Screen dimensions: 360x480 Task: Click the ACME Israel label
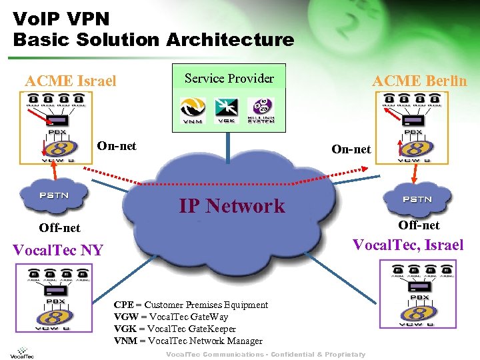70,81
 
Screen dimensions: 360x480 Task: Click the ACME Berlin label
419,81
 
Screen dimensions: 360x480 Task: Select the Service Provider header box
229,79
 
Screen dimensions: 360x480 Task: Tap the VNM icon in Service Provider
193,110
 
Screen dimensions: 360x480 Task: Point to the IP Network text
231,205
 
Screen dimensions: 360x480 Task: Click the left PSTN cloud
53,195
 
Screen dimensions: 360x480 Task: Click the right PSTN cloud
417,199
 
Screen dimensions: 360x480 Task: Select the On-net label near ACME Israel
117,145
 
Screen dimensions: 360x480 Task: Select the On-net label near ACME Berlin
351,149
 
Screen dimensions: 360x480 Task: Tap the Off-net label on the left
59,228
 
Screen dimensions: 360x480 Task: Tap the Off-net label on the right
419,225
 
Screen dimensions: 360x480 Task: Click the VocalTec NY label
58,251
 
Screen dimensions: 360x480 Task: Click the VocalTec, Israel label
407,245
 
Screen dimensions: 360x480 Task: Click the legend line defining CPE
191,305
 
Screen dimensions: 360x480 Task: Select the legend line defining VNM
188,341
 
